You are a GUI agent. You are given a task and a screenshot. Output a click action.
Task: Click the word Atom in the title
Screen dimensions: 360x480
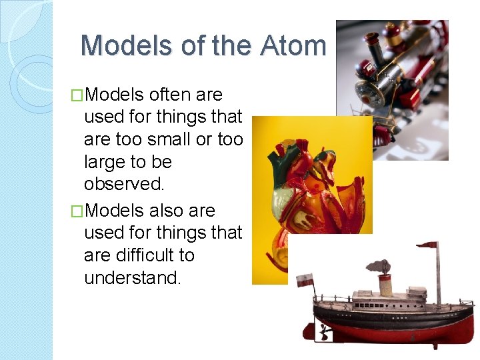tap(293, 45)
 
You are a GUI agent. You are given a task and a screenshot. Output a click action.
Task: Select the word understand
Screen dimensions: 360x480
tap(132, 278)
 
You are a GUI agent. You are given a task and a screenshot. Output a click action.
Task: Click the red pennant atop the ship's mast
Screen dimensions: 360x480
tap(427, 245)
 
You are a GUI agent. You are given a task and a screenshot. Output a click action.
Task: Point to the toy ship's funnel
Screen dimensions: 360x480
tap(385, 284)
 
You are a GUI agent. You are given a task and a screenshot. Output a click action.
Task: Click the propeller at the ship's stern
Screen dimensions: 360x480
tap(323, 331)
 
